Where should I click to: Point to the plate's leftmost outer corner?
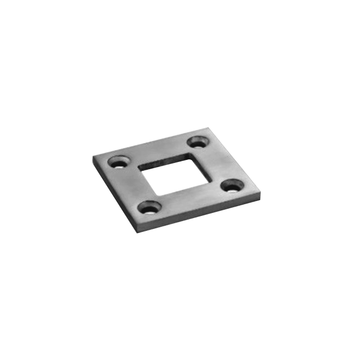[93, 157]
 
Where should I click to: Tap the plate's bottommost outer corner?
[137, 232]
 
